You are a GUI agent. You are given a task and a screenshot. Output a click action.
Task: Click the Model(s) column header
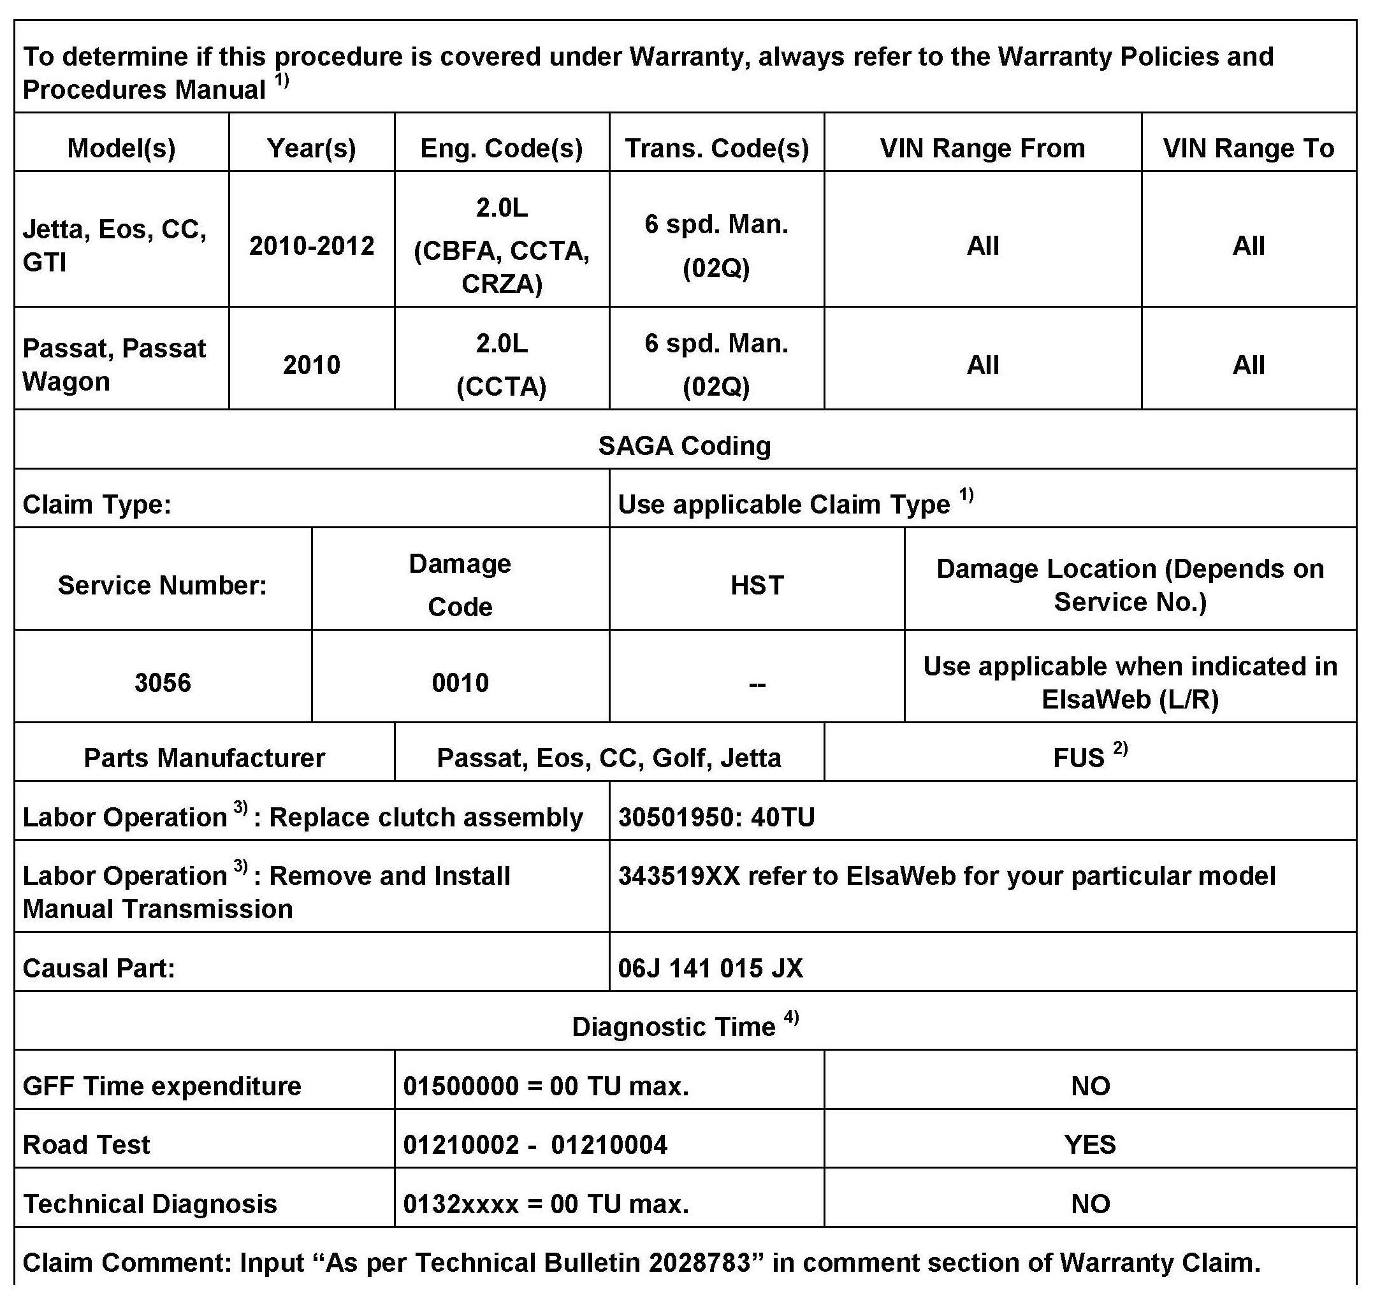tap(121, 148)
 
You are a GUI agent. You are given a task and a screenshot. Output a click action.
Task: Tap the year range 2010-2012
tap(312, 246)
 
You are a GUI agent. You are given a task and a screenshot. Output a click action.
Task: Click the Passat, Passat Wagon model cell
tap(115, 364)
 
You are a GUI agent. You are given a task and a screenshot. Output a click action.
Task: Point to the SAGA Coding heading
tap(684, 445)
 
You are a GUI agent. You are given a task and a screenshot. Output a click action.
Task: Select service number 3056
tap(163, 682)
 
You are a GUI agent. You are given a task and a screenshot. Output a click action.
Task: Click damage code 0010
tap(460, 682)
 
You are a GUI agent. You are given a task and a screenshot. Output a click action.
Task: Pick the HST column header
tap(757, 585)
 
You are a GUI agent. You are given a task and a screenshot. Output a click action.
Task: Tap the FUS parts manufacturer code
tap(1079, 758)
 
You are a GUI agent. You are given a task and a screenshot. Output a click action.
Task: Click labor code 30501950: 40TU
tap(716, 817)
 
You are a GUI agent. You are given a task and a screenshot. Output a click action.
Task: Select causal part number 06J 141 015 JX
tap(710, 968)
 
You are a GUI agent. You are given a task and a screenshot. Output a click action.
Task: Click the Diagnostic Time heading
tap(674, 1026)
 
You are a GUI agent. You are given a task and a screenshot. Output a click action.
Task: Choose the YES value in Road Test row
tap(1090, 1145)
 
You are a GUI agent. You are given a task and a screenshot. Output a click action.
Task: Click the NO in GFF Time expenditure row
tap(1090, 1086)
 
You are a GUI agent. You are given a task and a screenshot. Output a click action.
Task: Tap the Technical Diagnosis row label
tap(150, 1204)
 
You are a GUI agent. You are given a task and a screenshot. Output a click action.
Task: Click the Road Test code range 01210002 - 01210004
tap(535, 1145)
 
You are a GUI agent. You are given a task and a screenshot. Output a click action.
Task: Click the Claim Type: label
tap(97, 504)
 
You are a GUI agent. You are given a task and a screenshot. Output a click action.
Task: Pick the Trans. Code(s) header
tap(716, 148)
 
